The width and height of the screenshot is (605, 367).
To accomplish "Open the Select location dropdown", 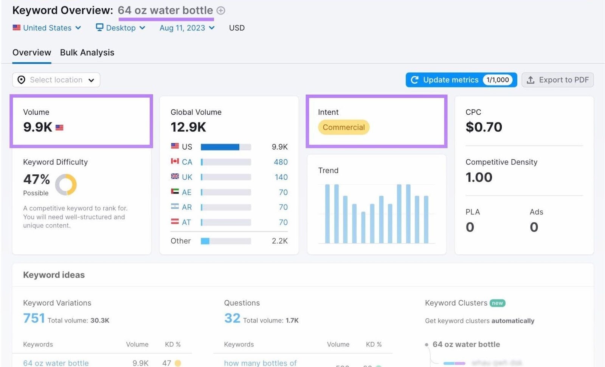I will pos(56,80).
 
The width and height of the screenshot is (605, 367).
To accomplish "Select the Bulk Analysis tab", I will pos(87,53).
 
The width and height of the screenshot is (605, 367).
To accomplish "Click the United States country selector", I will pos(47,28).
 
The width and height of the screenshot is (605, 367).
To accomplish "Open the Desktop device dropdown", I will pos(120,28).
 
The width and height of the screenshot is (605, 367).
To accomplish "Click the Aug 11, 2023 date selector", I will pos(187,28).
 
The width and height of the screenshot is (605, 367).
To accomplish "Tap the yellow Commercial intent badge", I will pos(343,128).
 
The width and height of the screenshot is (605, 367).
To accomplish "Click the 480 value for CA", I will pos(281,162).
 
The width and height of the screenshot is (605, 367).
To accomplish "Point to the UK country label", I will pos(187,177).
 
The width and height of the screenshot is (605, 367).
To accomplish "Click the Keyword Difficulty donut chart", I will pos(66,185).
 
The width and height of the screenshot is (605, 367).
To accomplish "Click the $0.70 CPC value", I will pos(484,127).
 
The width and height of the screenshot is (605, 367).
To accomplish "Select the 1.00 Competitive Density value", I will pos(479,177).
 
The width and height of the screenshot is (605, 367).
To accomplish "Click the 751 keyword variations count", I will pos(34,318).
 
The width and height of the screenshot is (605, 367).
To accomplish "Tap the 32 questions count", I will pos(232,318).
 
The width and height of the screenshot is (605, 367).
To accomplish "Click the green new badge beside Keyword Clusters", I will pos(497,303).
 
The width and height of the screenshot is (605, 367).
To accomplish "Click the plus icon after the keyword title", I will pos(221,11).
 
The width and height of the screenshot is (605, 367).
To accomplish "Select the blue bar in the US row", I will pos(220,147).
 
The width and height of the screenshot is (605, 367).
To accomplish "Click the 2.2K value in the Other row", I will pos(279,241).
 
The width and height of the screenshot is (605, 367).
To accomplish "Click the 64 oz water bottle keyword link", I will pos(56,363).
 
